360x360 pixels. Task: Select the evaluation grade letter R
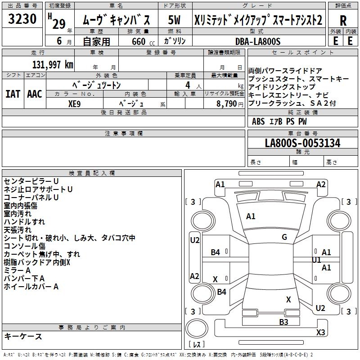click(x=343, y=21)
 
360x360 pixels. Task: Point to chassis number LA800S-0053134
click(x=302, y=143)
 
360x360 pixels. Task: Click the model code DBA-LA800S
click(x=257, y=41)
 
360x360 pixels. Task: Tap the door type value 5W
click(x=174, y=20)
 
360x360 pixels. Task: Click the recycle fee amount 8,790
click(x=225, y=103)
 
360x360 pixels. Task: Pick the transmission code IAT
click(x=13, y=94)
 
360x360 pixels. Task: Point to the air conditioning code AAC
click(x=34, y=94)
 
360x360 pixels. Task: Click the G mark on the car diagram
click(x=284, y=237)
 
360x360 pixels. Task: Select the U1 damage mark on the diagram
click(x=316, y=260)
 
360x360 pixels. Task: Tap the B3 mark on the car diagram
click(x=283, y=322)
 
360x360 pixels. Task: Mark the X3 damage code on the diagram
click(x=320, y=333)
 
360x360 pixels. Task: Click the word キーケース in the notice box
click(x=23, y=336)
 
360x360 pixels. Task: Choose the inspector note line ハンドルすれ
click(x=24, y=222)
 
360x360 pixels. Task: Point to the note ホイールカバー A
click(x=31, y=287)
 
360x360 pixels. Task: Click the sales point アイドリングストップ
click(x=281, y=87)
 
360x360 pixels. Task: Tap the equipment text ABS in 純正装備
click(x=258, y=121)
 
